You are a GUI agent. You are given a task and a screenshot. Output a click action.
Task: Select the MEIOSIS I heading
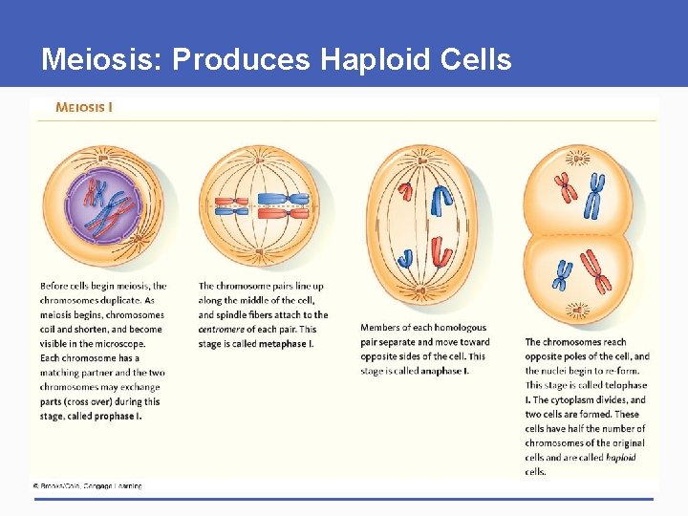click(84, 107)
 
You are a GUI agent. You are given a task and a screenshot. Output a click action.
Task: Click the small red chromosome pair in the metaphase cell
click(231, 204)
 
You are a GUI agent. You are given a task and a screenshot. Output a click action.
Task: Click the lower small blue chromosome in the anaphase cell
click(406, 257)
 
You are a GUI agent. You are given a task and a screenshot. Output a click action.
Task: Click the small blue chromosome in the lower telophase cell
click(564, 276)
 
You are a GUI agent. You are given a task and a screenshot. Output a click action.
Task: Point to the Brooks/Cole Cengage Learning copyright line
click(88, 486)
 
